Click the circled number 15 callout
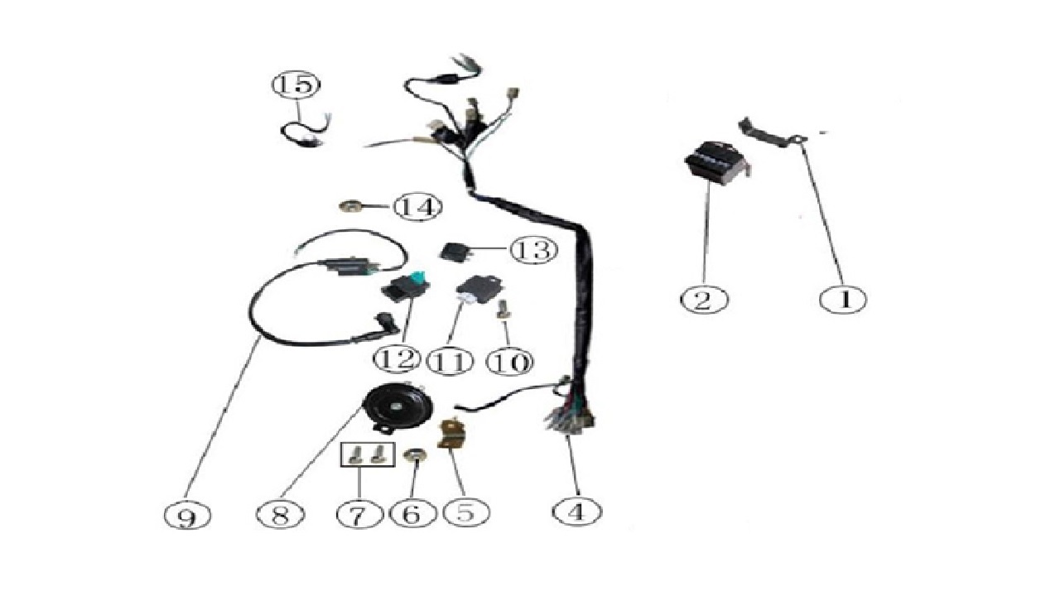(x=296, y=85)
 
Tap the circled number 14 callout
(x=419, y=207)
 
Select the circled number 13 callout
(x=534, y=249)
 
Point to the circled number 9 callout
(x=188, y=515)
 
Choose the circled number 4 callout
(x=577, y=512)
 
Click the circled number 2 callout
(x=704, y=299)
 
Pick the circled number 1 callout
(x=843, y=299)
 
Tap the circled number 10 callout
(x=510, y=362)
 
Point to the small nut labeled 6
(x=415, y=456)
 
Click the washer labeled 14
(x=351, y=207)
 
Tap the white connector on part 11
(x=465, y=298)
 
